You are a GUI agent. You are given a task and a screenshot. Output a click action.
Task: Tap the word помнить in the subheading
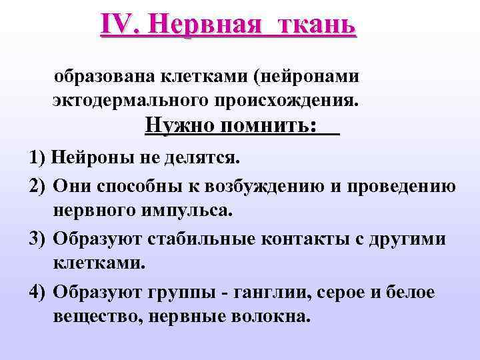269,125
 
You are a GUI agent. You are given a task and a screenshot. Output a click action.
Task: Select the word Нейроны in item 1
87,159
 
